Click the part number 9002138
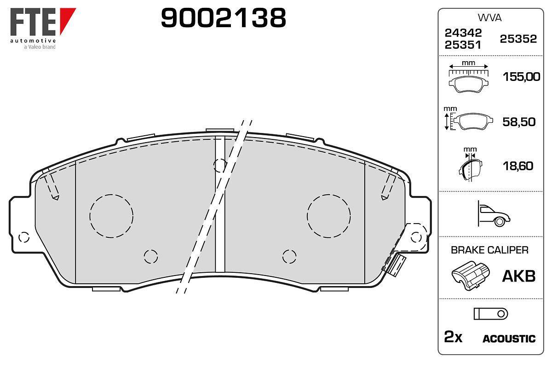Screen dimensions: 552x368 tap(223, 18)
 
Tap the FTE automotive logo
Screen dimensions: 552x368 tap(43, 29)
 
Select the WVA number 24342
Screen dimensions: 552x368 tap(463, 33)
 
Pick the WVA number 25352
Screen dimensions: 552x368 tap(518, 39)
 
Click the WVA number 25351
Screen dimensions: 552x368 tap(463, 45)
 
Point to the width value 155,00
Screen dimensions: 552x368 tap(522, 77)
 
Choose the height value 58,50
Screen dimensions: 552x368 tap(519, 122)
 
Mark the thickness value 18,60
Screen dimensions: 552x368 tap(518, 166)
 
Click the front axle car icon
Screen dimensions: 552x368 tap(494, 213)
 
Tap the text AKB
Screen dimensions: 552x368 tap(519, 276)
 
